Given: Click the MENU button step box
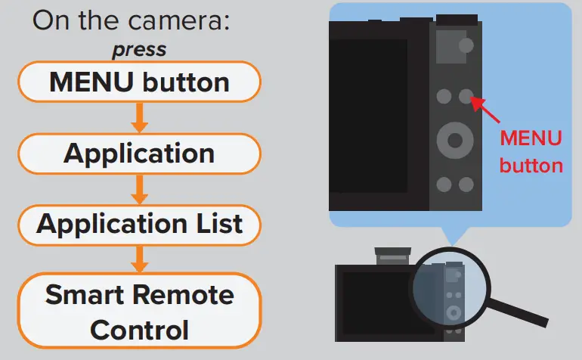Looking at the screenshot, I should pos(139,82).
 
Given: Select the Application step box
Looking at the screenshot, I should pos(139,154).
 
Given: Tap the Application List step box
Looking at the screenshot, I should pos(139,224).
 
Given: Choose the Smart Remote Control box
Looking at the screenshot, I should pos(139,312).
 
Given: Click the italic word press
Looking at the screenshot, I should pos(139,50).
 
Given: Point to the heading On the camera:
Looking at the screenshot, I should pos(131,21).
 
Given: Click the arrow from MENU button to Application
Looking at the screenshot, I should pos(139,117).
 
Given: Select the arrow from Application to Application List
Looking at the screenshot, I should pos(139,189).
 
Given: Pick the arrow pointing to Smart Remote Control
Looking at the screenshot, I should pos(139,259).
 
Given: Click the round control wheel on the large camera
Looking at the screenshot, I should pos(455,140).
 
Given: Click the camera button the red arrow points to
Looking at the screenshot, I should pos(466,96).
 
